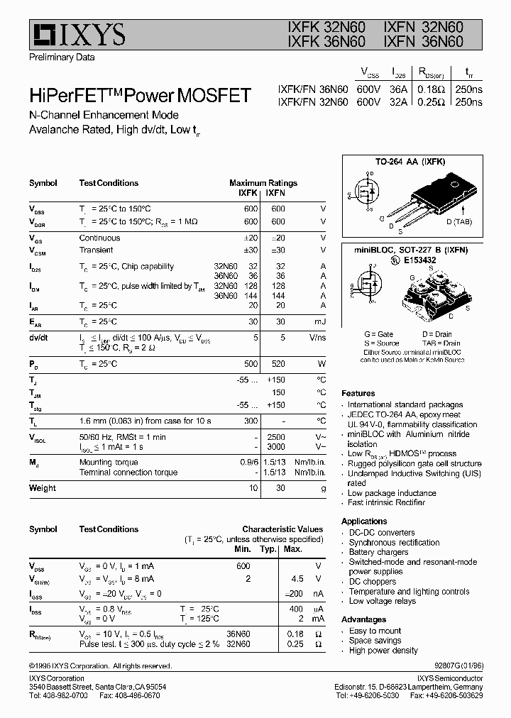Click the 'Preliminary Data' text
(x=61, y=57)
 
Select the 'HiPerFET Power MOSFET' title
(x=139, y=95)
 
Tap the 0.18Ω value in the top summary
(x=431, y=89)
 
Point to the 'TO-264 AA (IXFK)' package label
(x=410, y=162)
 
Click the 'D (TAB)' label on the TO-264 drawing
(x=458, y=222)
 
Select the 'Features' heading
(x=358, y=393)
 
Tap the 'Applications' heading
(x=364, y=521)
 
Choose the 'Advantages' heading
(x=363, y=619)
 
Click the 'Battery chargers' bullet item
(x=378, y=552)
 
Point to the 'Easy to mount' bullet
(x=375, y=631)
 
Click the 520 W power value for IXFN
(x=278, y=364)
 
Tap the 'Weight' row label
(x=43, y=488)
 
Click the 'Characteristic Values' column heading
(x=282, y=529)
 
